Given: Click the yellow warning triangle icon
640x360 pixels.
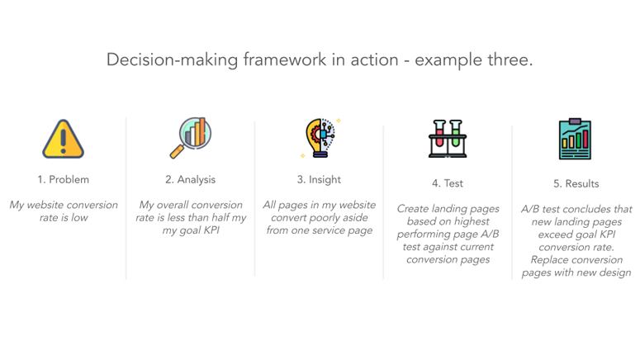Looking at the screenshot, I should coord(64,139).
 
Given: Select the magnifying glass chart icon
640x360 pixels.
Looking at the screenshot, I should coord(191,137).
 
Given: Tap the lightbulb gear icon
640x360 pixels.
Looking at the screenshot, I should coord(320,138).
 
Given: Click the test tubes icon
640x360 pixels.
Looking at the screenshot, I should coord(448,139).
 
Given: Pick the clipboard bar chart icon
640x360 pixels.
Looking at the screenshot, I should coord(576,140).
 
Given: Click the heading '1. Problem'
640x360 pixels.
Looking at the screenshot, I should coord(64,179).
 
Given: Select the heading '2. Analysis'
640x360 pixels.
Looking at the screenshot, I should coord(191,179).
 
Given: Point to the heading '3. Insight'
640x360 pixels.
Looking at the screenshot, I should coord(319,179).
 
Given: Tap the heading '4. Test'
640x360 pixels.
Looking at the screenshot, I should coord(448,183).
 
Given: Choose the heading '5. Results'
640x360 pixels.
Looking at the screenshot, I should coord(576,183).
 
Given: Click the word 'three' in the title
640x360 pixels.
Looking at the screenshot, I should coord(506,60).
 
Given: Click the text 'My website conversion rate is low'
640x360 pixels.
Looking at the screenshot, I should coord(64,211).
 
